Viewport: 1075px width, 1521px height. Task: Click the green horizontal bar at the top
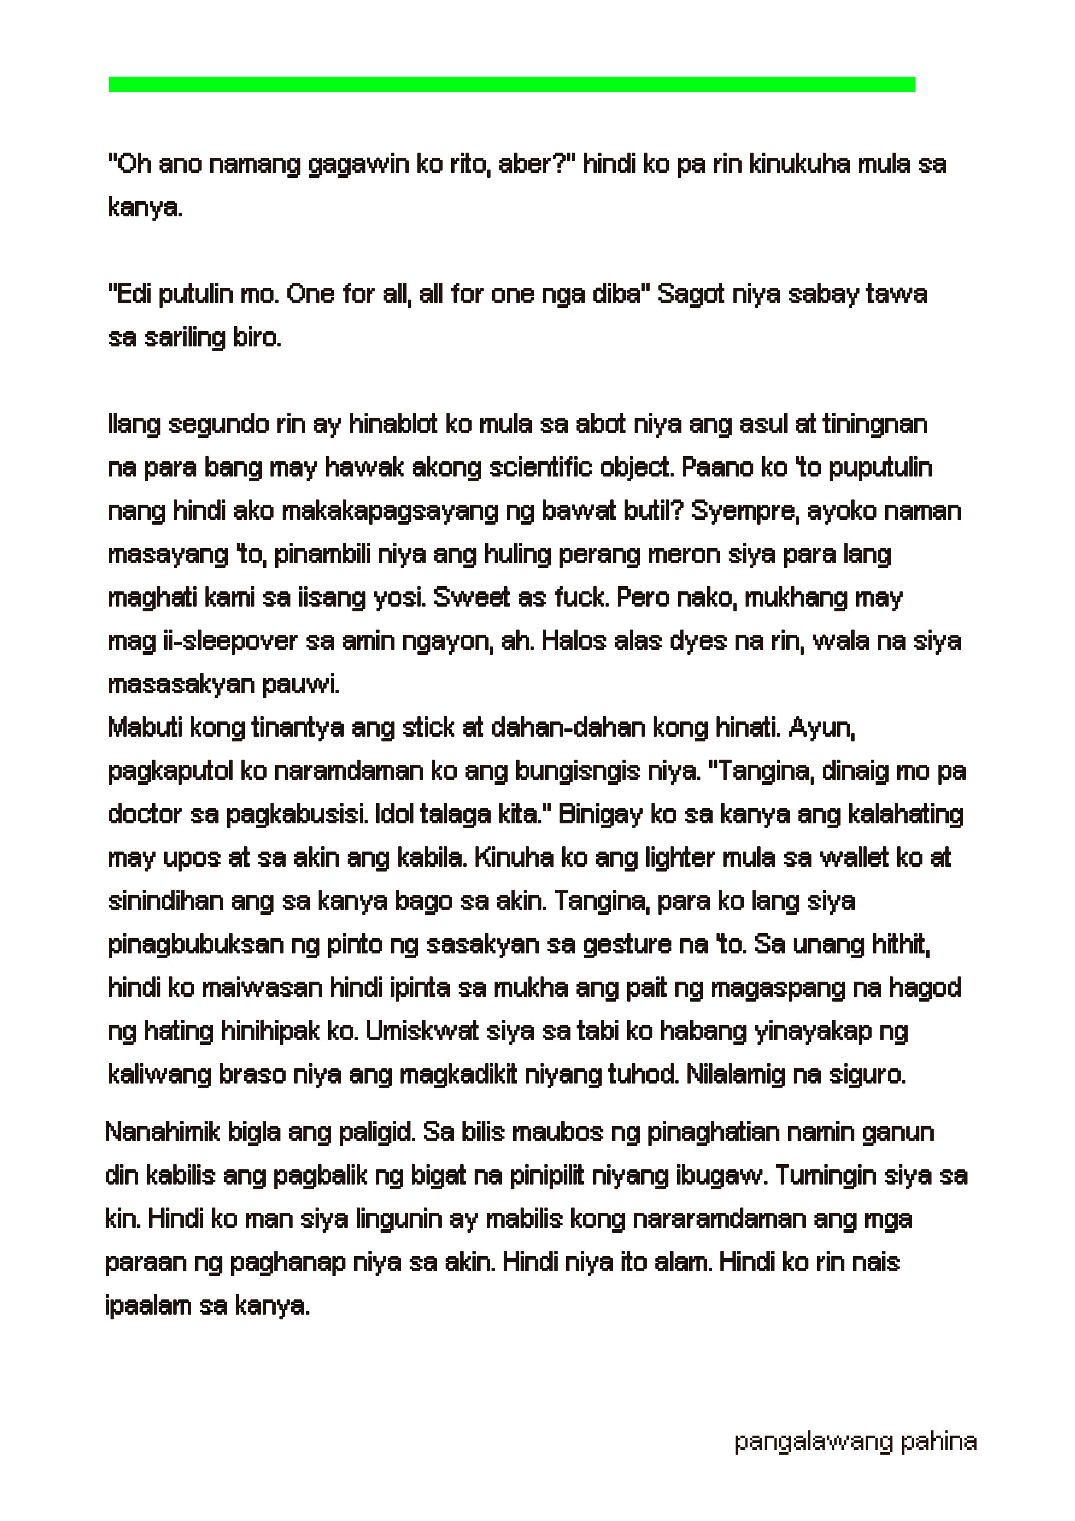click(x=511, y=84)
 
